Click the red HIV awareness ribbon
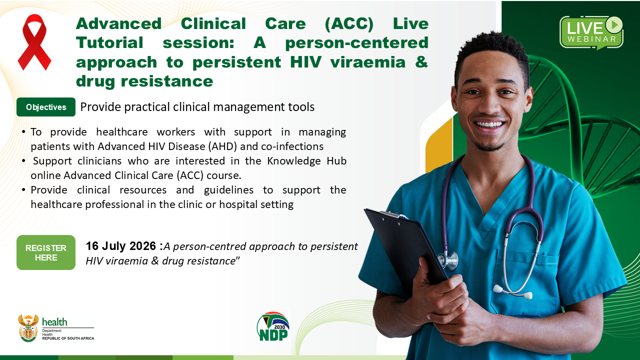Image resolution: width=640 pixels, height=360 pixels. pyautogui.click(x=34, y=42)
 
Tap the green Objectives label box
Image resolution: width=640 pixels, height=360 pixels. pyautogui.click(x=46, y=107)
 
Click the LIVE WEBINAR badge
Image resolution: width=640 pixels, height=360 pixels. pyautogui.click(x=591, y=32)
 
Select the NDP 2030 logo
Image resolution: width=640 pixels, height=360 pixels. pyautogui.click(x=273, y=326)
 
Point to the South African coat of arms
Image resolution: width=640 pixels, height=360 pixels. pyautogui.click(x=28, y=328)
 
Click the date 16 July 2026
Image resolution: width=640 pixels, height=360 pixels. pyautogui.click(x=121, y=246)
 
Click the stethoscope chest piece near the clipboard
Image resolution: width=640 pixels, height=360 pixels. pyautogui.click(x=449, y=260)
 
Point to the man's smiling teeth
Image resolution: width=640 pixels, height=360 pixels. pyautogui.click(x=489, y=124)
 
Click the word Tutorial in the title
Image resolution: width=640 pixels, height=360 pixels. pyautogui.click(x=109, y=43)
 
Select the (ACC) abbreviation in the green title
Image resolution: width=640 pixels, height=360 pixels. pyautogui.click(x=349, y=23)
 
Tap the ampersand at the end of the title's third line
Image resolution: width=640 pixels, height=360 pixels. pyautogui.click(x=421, y=62)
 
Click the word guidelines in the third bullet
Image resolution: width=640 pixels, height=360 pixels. pyautogui.click(x=228, y=190)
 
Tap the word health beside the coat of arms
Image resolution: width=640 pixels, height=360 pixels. pyautogui.click(x=54, y=322)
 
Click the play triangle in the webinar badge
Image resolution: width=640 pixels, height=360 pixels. pyautogui.click(x=614, y=24)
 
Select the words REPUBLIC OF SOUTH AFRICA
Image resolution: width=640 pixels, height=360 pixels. pyautogui.click(x=68, y=338)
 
